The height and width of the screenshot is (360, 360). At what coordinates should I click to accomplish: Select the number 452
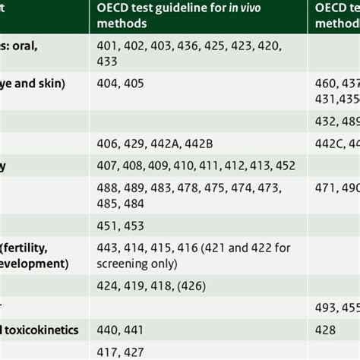(x=284, y=166)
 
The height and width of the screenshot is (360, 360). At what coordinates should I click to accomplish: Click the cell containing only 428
(x=324, y=330)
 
